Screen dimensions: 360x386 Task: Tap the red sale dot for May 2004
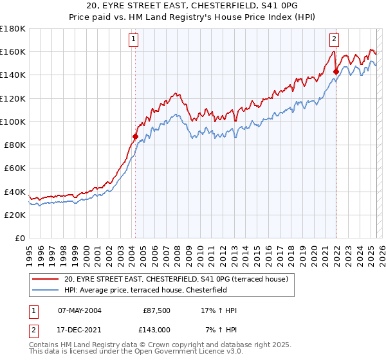135,136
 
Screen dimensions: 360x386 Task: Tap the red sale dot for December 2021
336,71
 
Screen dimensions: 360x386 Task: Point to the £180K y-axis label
12,28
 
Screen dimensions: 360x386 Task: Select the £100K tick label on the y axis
12,122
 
